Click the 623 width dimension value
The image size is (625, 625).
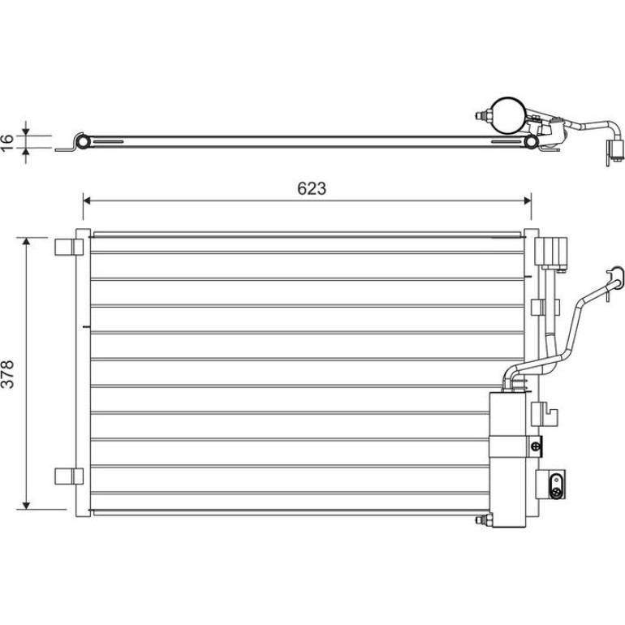click(x=312, y=188)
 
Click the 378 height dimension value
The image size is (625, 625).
click(x=7, y=374)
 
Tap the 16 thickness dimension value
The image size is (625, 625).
click(x=6, y=142)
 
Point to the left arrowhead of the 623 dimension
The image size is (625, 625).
click(x=87, y=200)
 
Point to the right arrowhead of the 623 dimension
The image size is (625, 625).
click(x=527, y=200)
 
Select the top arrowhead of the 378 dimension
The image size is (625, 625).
click(x=26, y=242)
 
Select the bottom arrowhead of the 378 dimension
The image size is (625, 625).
click(x=26, y=505)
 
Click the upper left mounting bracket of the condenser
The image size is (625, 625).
click(x=68, y=247)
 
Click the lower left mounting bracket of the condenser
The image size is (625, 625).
click(x=68, y=476)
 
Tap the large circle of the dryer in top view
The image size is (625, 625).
click(x=507, y=114)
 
